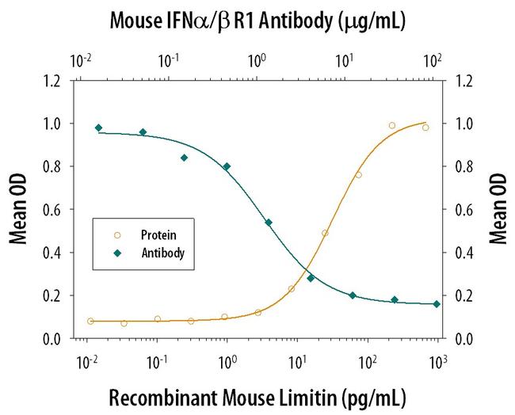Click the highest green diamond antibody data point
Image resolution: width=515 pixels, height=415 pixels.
pos(98,128)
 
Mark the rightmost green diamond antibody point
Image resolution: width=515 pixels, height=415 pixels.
pos(437,304)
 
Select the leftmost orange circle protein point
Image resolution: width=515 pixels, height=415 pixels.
pos(90,321)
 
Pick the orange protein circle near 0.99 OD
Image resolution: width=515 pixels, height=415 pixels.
pos(391,125)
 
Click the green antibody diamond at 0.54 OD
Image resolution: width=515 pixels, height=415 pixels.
pos(269,223)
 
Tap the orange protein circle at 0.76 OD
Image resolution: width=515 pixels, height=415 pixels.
pos(358,175)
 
